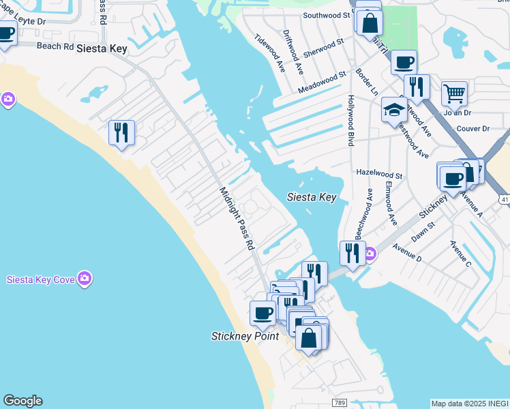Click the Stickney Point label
(x=245, y=336)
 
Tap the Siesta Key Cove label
(x=40, y=279)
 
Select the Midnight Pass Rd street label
(x=237, y=219)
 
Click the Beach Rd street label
(x=54, y=46)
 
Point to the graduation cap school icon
(x=394, y=108)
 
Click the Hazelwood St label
(x=380, y=175)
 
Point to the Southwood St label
(x=326, y=14)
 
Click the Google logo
(x=22, y=401)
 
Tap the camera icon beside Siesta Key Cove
(x=85, y=278)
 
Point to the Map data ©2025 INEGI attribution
(x=470, y=404)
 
